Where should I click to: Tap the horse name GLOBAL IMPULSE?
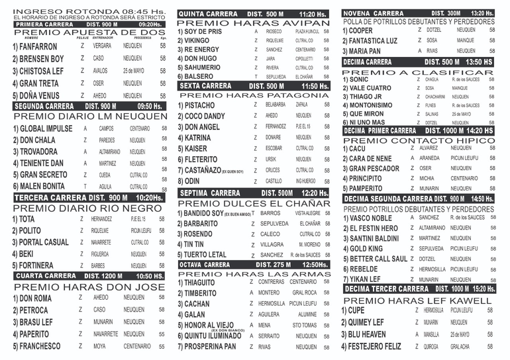(42, 129)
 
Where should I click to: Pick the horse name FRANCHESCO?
(40, 346)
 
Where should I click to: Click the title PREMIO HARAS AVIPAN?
(254, 22)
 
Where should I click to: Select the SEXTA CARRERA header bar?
(254, 86)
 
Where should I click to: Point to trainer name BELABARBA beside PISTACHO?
(275, 105)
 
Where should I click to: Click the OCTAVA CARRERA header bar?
(254, 265)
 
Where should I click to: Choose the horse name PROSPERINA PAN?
(210, 347)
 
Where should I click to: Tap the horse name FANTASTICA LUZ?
(370, 40)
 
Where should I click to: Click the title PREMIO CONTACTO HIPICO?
(418, 140)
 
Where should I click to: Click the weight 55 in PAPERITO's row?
(162, 334)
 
